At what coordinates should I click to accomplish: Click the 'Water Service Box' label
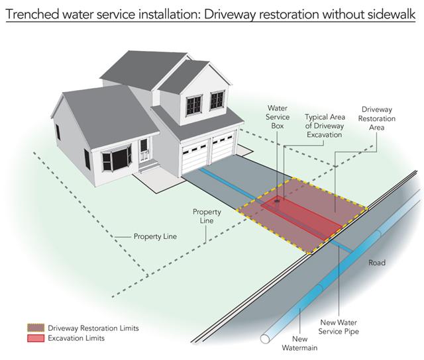278,117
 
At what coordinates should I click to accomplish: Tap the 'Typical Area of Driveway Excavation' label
325,126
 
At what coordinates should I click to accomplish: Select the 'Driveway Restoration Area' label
377,118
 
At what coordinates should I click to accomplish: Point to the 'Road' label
377,263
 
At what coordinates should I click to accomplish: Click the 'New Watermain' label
299,343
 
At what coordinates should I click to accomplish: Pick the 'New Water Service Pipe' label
339,327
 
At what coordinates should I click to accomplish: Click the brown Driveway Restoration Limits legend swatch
36,328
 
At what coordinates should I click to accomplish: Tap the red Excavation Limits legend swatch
36,338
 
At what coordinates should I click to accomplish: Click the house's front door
144,150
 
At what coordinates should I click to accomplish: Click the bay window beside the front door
117,159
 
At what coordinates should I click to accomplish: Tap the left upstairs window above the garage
194,105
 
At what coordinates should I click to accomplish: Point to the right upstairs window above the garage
217,100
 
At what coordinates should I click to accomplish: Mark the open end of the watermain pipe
265,339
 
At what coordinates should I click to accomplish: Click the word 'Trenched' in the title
32,14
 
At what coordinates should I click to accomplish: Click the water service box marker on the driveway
277,201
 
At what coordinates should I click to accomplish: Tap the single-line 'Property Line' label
155,236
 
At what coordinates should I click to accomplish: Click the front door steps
149,165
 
